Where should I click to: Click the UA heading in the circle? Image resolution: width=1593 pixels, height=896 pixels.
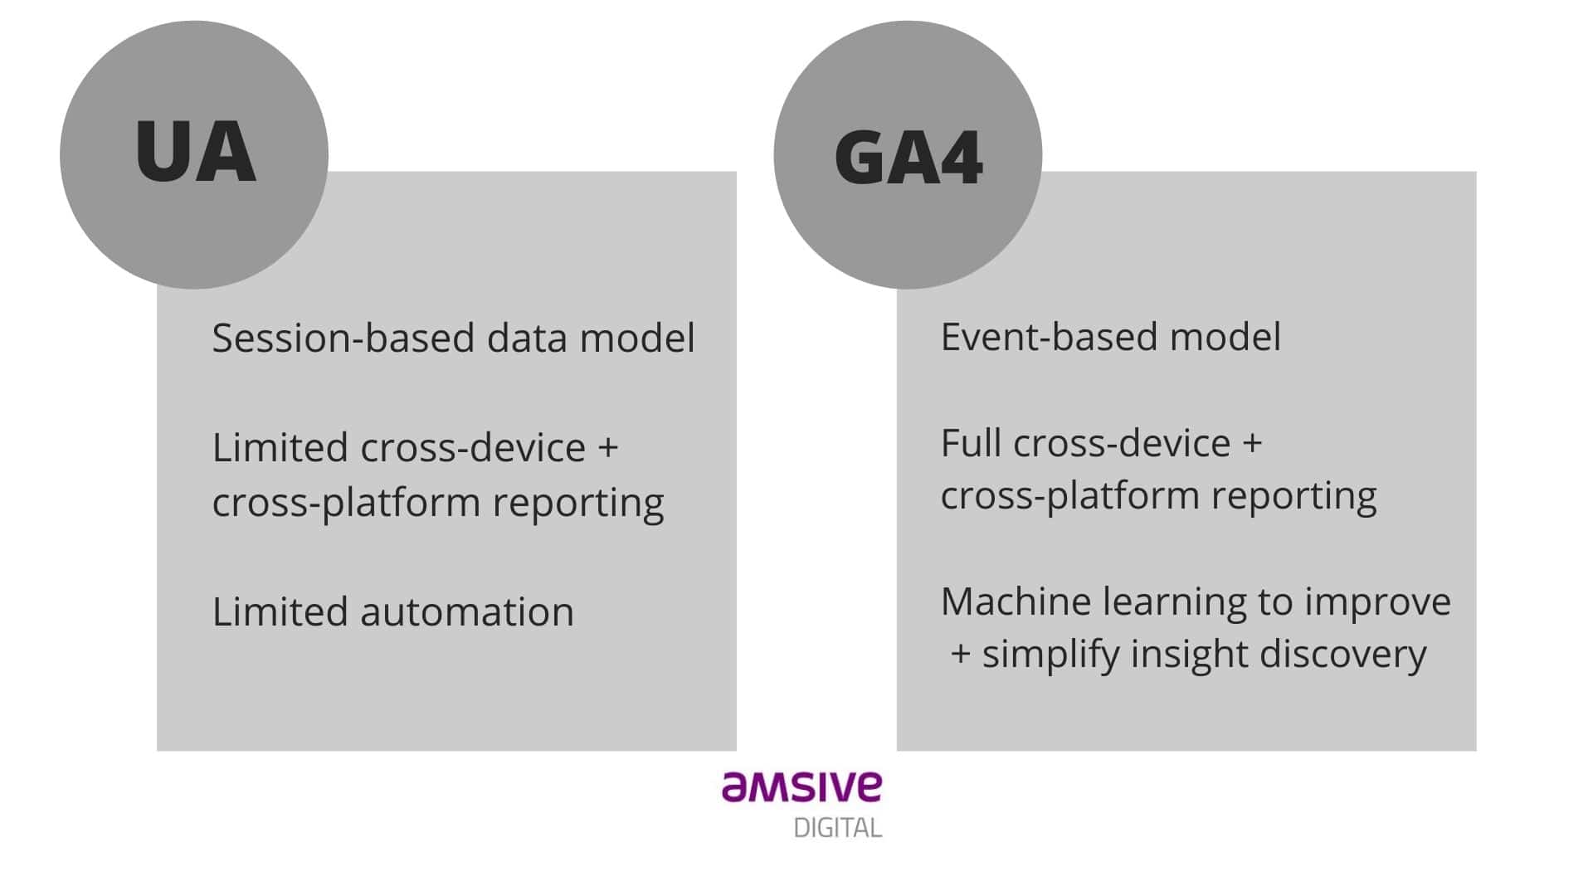click(x=195, y=151)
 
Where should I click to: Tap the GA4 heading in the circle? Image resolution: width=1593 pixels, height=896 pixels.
click(x=909, y=158)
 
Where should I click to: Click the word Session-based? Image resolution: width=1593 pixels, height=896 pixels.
click(x=343, y=338)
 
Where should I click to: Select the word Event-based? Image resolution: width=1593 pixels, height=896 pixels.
click(x=1049, y=337)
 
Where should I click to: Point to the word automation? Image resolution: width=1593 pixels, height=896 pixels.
click(x=467, y=612)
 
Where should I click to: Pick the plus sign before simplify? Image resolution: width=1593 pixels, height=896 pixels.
click(x=961, y=655)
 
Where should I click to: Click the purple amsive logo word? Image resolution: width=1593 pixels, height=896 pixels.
click(x=801, y=786)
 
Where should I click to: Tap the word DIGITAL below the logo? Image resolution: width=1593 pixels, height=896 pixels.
click(x=837, y=828)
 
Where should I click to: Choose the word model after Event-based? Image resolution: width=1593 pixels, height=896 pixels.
click(x=1225, y=337)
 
